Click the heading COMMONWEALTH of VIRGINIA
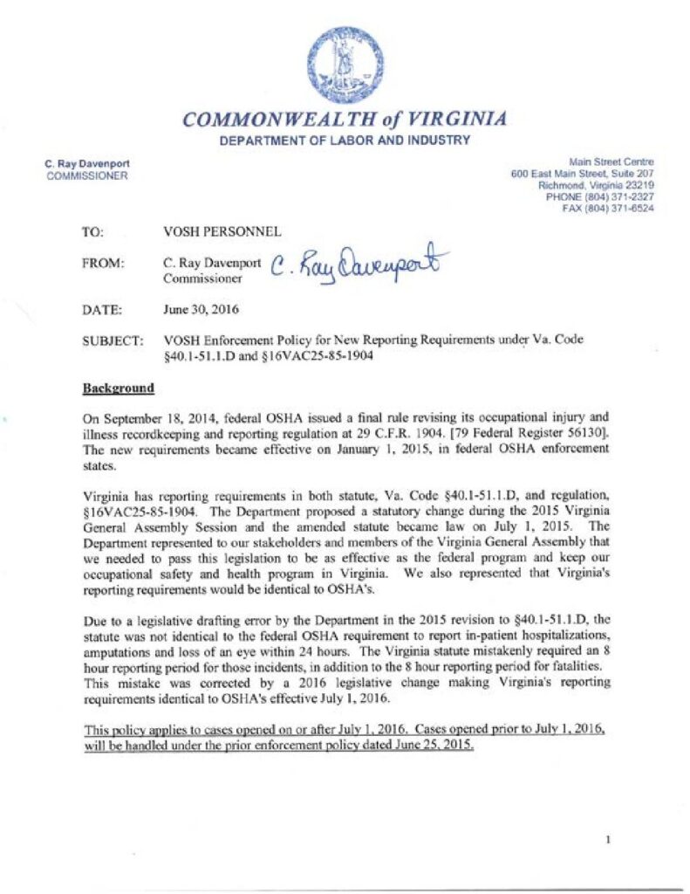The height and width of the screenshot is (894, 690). coord(345,120)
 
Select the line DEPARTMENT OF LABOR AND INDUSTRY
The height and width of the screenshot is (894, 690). coord(345,141)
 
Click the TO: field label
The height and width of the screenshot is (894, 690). coord(92,232)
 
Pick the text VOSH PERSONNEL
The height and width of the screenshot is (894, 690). coord(222,232)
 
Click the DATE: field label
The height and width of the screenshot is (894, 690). coord(99,309)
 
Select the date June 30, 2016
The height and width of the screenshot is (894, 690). coord(200,309)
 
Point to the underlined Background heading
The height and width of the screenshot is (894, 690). coord(118,388)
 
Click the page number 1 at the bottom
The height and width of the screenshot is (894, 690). coord(607,840)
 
